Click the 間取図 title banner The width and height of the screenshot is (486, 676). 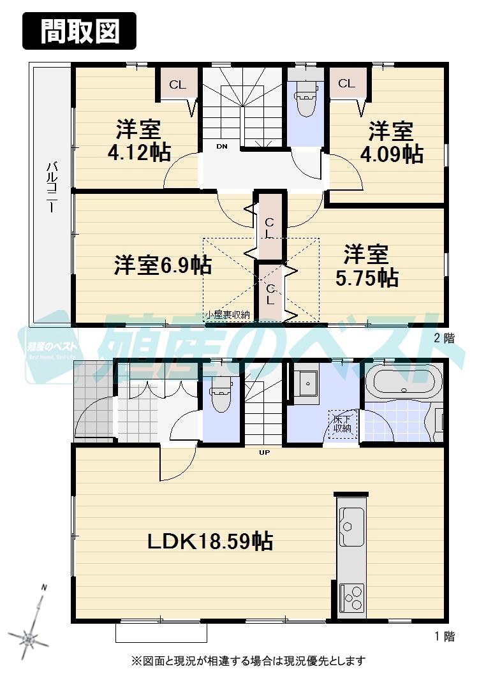pyautogui.click(x=80, y=31)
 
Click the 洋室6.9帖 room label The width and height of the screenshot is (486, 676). pyautogui.click(x=163, y=265)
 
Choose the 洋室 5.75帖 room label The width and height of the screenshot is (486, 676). pyautogui.click(x=367, y=266)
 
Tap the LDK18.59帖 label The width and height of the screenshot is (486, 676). pyautogui.click(x=210, y=541)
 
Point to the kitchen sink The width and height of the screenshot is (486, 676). pyautogui.click(x=351, y=520)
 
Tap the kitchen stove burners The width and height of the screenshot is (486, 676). pyautogui.click(x=351, y=598)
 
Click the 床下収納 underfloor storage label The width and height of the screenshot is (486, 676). pyautogui.click(x=342, y=424)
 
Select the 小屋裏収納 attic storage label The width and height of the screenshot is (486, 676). pyautogui.click(x=227, y=314)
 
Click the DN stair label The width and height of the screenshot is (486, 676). pyautogui.click(x=221, y=147)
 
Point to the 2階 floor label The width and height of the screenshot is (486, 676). pyautogui.click(x=445, y=339)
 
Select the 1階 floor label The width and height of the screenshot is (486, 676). pyautogui.click(x=445, y=636)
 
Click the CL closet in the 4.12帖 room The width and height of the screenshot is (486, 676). pyautogui.click(x=177, y=85)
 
